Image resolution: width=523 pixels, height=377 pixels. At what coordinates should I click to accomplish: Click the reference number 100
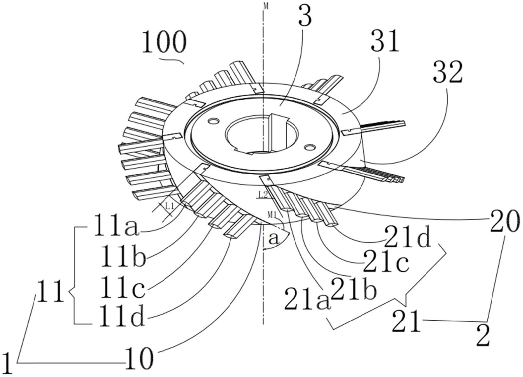tap(164, 42)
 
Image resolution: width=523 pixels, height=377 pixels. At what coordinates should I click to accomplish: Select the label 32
tap(448, 72)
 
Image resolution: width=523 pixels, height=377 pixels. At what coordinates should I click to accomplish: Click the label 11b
tap(122, 256)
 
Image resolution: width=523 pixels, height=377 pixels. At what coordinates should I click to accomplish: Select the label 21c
tap(386, 261)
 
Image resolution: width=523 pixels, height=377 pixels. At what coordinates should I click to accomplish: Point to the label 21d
tap(408, 236)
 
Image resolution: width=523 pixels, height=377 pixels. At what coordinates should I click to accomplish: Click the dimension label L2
tap(262, 194)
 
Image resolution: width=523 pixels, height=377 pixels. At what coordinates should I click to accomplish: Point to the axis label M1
tap(272, 215)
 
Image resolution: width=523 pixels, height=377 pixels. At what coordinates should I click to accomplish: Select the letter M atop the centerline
tap(266, 6)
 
